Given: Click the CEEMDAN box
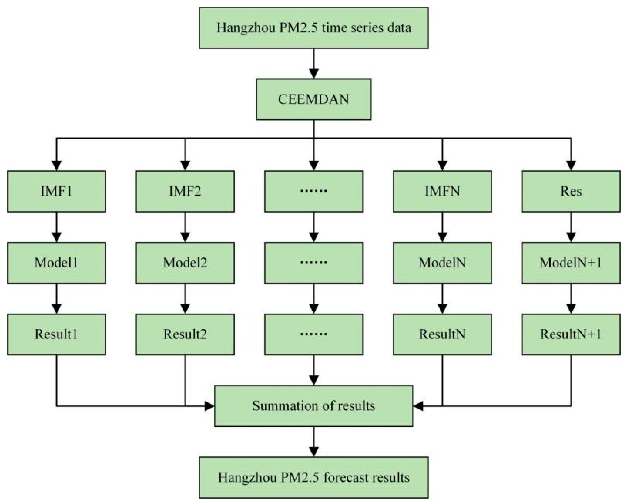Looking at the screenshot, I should pos(313,99).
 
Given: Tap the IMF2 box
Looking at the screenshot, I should pos(185,191).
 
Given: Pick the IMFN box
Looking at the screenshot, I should pos(442,191).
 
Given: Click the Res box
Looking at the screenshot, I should pos(571,191).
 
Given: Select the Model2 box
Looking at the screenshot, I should pos(185,263).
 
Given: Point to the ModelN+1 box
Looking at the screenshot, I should pos(571,263).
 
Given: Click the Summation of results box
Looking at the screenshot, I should pos(313,406).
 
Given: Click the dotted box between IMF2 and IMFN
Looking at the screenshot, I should pos(313,191).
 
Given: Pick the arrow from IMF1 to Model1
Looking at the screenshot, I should pos(57,227).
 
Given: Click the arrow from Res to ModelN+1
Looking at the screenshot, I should pos(571,227).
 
